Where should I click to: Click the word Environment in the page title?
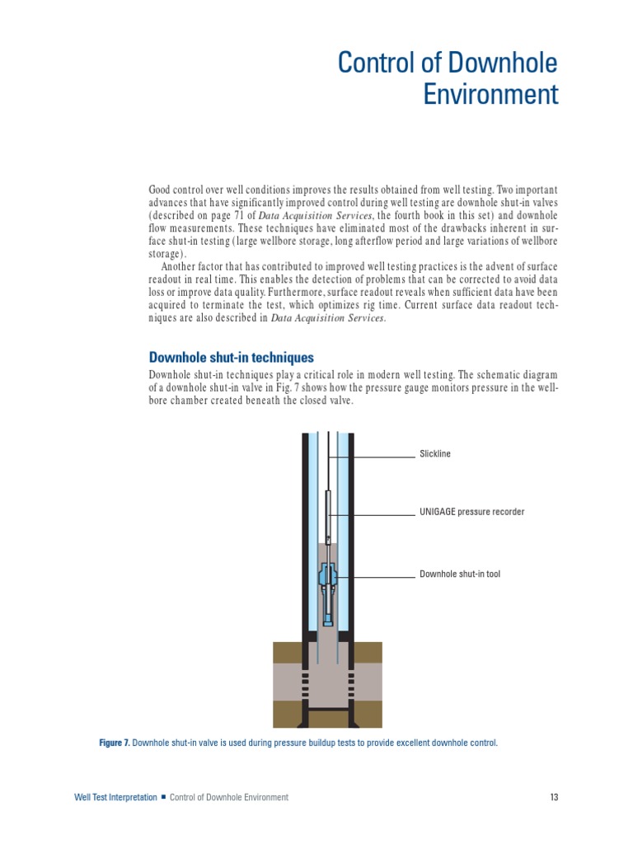490,95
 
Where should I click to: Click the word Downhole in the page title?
509,63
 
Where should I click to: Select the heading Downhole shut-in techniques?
231,358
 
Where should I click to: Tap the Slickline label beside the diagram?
435,454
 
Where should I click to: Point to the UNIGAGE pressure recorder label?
471,512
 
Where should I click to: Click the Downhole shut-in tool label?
460,574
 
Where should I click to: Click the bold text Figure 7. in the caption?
114,743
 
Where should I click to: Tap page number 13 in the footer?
554,797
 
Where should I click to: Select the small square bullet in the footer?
163,797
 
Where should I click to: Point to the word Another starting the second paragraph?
181,265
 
